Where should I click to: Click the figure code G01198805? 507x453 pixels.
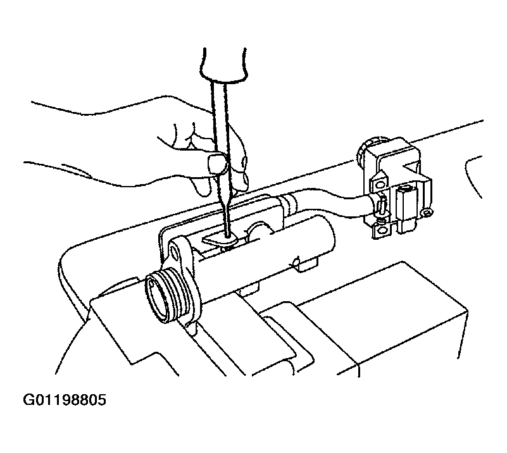tap(65, 400)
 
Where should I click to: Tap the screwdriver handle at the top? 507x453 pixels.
tap(224, 64)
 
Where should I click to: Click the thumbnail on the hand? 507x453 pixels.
tap(216, 163)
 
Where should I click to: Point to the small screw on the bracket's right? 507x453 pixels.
tap(427, 213)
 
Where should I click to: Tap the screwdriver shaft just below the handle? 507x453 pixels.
tap(220, 97)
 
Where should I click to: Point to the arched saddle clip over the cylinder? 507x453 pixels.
tap(259, 230)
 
